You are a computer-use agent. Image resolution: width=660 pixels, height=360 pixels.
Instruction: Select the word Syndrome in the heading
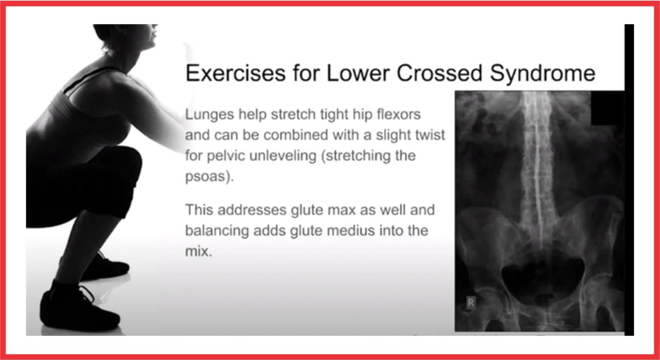543,73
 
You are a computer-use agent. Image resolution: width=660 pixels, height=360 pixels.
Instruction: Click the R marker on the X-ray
471,302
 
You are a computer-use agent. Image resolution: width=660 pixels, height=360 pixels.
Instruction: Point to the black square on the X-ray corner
608,107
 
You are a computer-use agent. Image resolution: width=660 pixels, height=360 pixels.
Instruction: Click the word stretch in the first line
292,115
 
